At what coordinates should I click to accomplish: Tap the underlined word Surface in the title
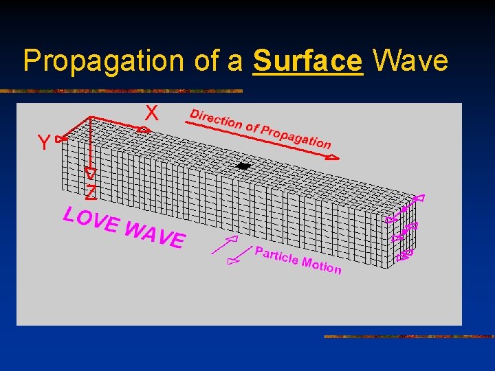coord(307,61)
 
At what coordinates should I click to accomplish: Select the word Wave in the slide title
coord(410,61)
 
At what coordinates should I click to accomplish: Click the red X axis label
coord(151,113)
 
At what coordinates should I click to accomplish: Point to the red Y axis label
coord(43,143)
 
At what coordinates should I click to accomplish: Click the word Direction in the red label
coord(216,119)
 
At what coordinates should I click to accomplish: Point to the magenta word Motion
coord(321,265)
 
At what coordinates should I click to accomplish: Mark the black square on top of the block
coord(243,166)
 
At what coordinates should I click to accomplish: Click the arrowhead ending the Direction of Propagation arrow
coord(333,157)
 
